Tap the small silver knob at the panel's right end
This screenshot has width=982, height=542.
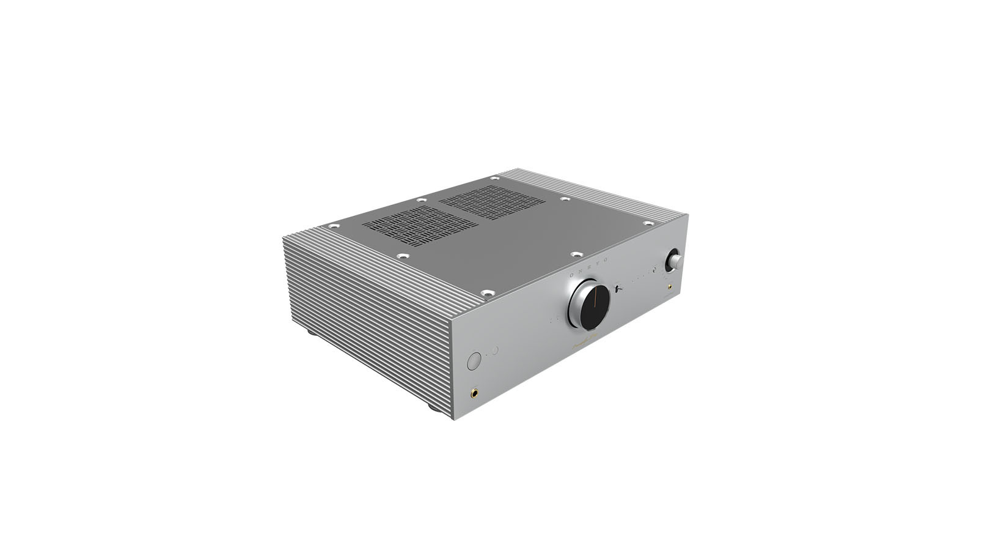tap(675, 260)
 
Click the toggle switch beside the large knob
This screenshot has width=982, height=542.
tap(618, 287)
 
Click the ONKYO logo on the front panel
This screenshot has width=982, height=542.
tap(588, 267)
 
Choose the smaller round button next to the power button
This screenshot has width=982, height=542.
tap(494, 351)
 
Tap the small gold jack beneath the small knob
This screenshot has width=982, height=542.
tap(670, 286)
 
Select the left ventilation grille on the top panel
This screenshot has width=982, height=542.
tap(420, 225)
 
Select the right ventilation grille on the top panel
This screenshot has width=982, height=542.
tap(493, 202)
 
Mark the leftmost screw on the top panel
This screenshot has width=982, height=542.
tap(333, 226)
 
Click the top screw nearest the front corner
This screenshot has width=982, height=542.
tap(486, 294)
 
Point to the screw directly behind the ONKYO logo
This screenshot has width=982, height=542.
tap(575, 254)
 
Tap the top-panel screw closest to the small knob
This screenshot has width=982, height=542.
tap(648, 223)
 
